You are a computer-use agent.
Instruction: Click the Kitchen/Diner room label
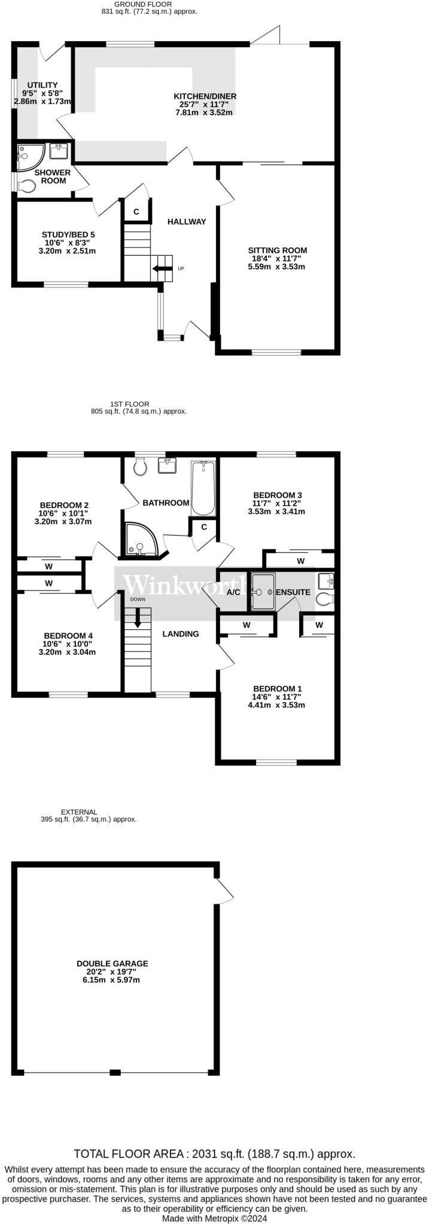pos(205,96)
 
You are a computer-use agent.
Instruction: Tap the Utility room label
pos(42,85)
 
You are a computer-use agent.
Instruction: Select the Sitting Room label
pos(277,250)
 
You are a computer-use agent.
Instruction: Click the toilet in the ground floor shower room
pos(26,186)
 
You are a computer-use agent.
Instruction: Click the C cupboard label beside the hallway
pos(136,212)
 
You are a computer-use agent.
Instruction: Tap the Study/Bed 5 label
pos(68,235)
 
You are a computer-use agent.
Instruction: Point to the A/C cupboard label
pos(234,592)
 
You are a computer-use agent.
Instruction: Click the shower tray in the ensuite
pos(263,592)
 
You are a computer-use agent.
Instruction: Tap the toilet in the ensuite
pos(326,599)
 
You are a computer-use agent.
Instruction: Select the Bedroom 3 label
pos(277,495)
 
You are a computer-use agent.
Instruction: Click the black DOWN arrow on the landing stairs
pos(138,617)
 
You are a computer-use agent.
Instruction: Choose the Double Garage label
pos(112,963)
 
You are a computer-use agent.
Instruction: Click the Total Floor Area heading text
pos(214,1153)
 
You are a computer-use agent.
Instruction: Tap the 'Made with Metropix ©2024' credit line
pos(214,1218)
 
